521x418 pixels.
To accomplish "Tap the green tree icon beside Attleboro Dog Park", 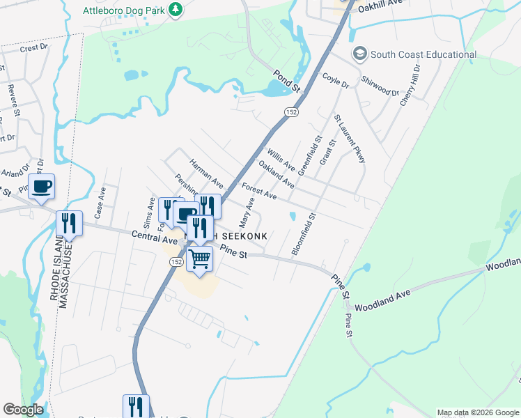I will point(177,9).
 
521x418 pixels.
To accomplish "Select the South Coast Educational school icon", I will point(359,54).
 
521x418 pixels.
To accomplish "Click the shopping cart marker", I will point(200,260).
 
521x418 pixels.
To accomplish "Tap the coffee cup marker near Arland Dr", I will point(41,187).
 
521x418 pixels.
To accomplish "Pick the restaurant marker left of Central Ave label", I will point(69,223).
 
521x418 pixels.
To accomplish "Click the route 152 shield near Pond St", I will point(290,111).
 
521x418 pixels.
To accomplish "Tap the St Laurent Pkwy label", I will point(349,139).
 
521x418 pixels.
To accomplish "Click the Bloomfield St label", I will point(304,234).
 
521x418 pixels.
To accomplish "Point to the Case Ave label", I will point(100,201).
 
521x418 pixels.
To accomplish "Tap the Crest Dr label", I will point(33,49).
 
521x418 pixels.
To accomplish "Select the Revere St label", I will point(12,98).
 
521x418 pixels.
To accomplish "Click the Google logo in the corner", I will point(24,409).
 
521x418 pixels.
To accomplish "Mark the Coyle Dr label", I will point(336,80).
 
